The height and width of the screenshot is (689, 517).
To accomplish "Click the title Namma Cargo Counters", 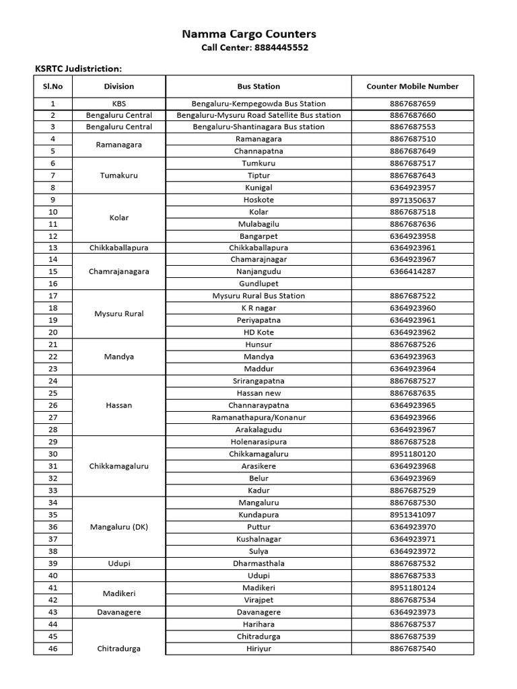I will (249, 34).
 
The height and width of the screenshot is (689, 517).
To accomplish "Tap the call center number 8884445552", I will (282, 48).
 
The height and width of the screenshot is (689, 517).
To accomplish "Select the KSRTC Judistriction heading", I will (78, 69).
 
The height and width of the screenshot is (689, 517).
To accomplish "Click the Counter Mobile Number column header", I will (412, 86).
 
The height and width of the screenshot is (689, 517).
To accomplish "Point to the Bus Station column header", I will (258, 86).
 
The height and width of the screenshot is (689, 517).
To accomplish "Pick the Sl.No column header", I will (53, 86).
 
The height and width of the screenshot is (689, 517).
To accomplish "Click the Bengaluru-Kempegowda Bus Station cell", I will (258, 104).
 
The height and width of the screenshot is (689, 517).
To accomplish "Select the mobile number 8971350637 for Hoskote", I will (412, 200).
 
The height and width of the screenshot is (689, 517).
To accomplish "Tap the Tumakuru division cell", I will (118, 176).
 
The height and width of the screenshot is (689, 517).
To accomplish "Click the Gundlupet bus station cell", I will (258, 284).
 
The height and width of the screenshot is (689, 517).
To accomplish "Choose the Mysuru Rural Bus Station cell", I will (258, 296).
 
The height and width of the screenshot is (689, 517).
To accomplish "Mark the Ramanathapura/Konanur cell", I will (258, 418).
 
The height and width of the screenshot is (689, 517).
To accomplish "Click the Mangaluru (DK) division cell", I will (118, 527).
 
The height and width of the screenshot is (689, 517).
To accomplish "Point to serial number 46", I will (53, 649).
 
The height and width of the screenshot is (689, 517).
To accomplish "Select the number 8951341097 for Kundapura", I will (412, 515).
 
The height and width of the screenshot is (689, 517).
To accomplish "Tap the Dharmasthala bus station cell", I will (258, 563).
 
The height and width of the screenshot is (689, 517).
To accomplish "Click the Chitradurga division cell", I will (118, 649).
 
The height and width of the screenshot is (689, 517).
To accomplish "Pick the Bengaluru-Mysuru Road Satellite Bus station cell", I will (258, 115).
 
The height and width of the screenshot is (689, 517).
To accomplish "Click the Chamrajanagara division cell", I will (118, 272).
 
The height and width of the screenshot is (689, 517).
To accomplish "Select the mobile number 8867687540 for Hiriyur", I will (412, 649).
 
